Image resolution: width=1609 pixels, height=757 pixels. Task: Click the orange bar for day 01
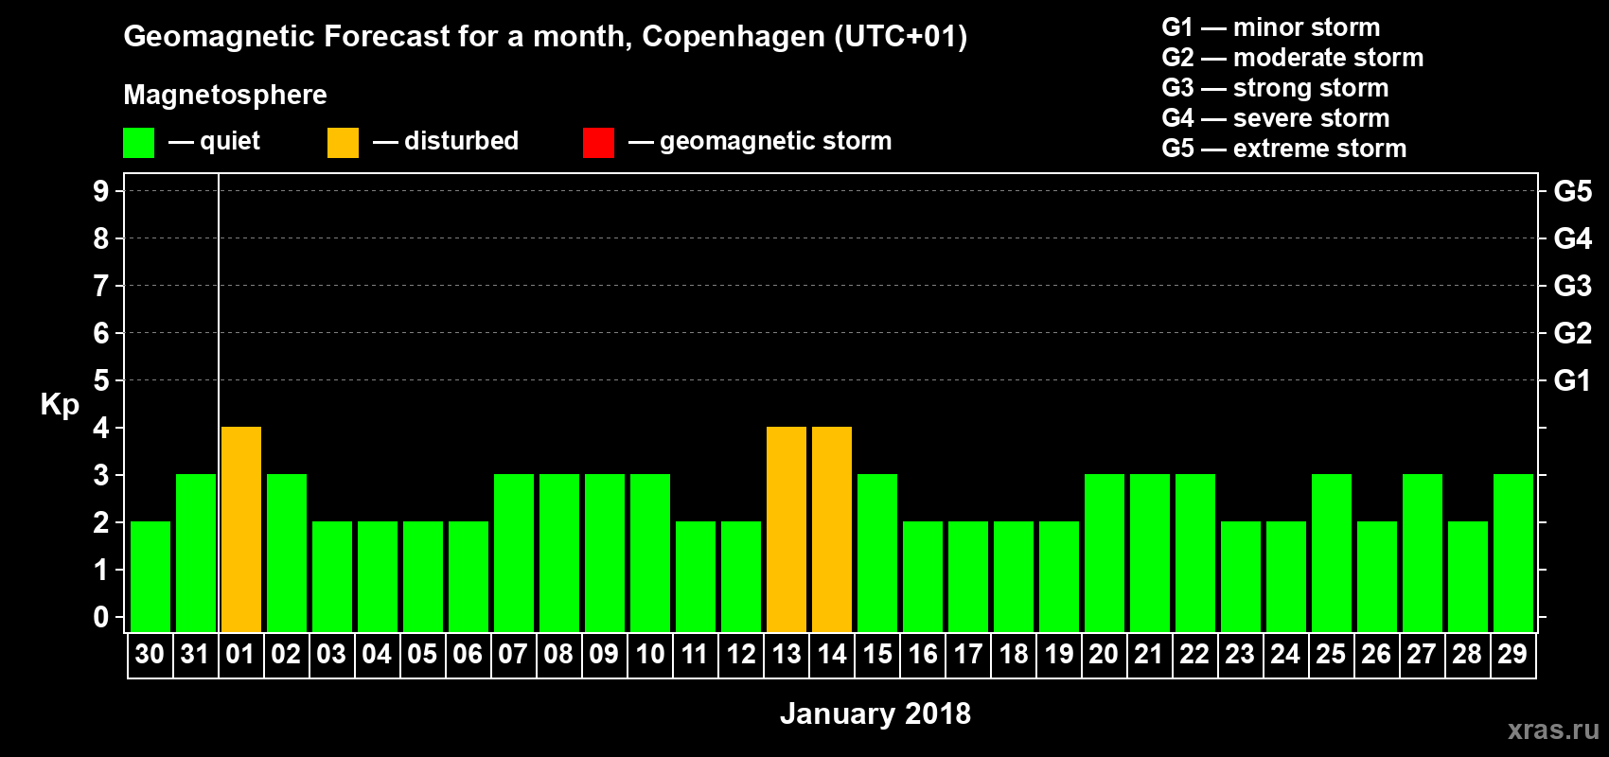[x=241, y=530]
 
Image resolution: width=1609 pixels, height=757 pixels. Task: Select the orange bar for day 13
[x=787, y=530]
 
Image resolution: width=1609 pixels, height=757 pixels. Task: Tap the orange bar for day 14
[x=832, y=530]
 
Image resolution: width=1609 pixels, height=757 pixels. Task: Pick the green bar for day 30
[x=150, y=577]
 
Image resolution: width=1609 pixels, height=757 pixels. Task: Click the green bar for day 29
[x=1513, y=554]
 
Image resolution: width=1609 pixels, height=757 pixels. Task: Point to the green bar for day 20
[x=1105, y=554]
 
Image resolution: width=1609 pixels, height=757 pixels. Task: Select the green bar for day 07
[x=514, y=554]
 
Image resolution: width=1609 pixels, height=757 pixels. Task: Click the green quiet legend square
[x=138, y=143]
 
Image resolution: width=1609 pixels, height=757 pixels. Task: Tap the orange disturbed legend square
[x=343, y=143]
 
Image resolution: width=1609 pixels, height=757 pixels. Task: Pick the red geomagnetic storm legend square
[x=598, y=143]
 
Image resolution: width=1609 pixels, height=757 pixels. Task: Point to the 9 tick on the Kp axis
[x=101, y=191]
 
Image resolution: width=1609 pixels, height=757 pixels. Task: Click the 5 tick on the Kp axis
[x=101, y=380]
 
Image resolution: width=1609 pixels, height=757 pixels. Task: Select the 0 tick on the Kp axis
[x=101, y=617]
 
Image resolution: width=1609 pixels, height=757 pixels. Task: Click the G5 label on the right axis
[x=1572, y=191]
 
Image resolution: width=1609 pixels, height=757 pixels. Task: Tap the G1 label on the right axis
[x=1572, y=380]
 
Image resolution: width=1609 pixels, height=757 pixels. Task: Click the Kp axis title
[x=60, y=405]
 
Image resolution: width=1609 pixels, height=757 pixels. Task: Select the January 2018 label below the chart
[x=875, y=713]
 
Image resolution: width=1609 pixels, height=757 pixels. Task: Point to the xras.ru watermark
[x=1553, y=730]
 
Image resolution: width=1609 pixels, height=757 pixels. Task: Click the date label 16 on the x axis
[x=923, y=654]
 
